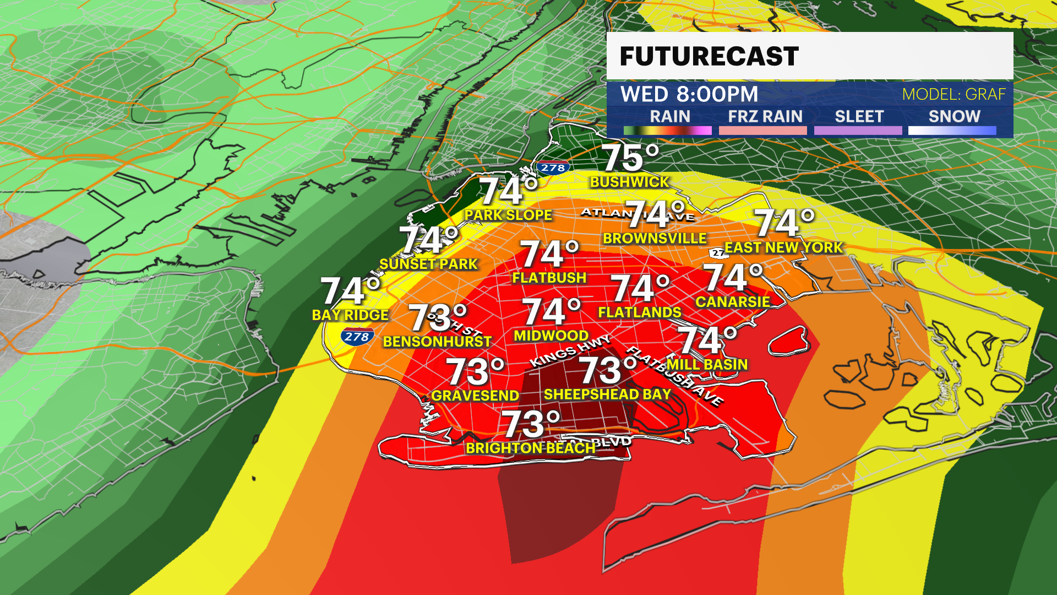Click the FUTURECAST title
[709, 56]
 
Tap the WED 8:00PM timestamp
[689, 94]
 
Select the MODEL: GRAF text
[954, 94]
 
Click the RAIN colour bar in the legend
[667, 131]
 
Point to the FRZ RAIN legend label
[765, 116]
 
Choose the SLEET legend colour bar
[858, 131]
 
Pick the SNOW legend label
[954, 116]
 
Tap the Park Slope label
[508, 215]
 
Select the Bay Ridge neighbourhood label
[350, 315]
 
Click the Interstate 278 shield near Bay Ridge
[357, 336]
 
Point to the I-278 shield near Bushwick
[553, 168]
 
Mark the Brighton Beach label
[531, 448]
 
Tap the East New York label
[783, 247]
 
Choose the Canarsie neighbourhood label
[733, 301]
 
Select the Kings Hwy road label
[570, 351]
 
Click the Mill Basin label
[707, 364]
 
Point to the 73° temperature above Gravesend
[475, 372]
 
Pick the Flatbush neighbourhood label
[549, 278]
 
